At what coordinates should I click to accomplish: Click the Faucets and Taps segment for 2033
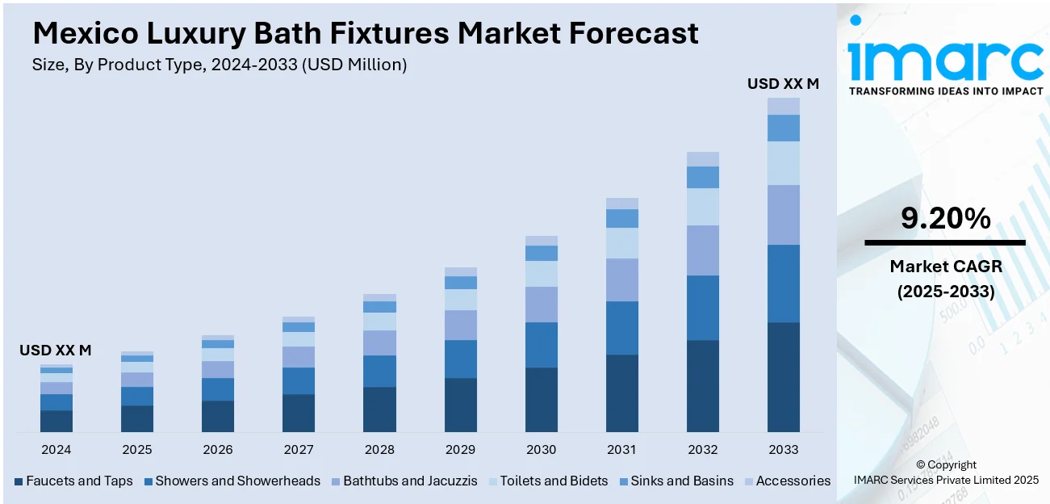point(783,376)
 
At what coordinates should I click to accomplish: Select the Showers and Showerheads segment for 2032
point(702,308)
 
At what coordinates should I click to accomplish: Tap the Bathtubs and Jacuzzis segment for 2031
point(621,279)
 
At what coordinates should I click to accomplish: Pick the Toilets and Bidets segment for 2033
point(783,163)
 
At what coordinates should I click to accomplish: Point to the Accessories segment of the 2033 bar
point(783,106)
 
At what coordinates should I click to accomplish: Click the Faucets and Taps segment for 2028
point(379,409)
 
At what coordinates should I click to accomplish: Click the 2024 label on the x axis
point(56,449)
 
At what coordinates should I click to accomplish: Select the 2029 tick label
point(460,449)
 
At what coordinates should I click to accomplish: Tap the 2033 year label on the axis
point(783,449)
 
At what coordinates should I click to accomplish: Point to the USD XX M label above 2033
point(783,83)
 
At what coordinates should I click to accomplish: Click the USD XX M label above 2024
point(55,351)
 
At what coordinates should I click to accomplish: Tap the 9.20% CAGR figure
point(945,218)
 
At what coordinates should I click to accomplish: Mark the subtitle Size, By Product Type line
point(219,65)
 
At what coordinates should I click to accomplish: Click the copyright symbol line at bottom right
point(946,464)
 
